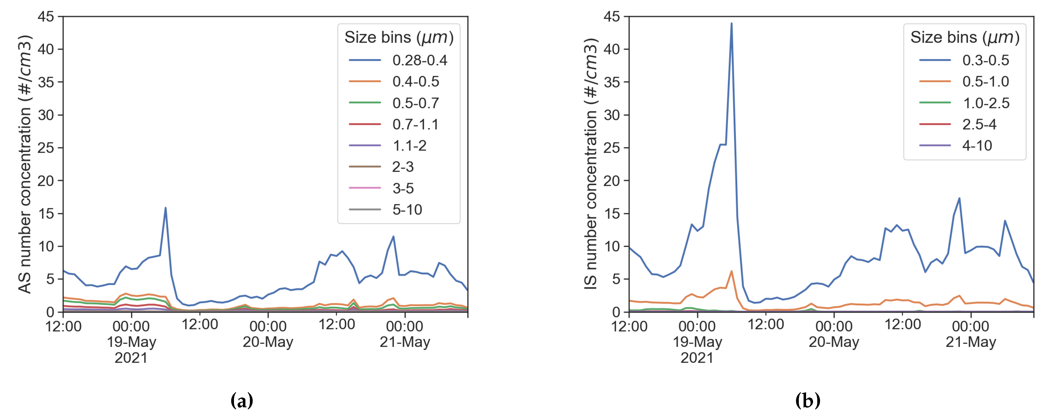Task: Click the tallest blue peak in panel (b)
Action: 731,23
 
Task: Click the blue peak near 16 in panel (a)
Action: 166,208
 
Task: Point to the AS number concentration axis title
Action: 25,164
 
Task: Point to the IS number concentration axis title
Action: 591,164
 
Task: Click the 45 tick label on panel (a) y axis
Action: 46,16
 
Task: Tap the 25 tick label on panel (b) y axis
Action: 612,148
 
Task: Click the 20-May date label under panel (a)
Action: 268,342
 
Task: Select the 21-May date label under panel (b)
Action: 971,342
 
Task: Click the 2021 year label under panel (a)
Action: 131,358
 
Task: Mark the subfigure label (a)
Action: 242,401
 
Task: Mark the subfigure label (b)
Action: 808,401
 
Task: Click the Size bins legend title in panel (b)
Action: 965,37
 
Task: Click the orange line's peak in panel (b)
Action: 731,271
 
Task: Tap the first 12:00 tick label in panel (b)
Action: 629,326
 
